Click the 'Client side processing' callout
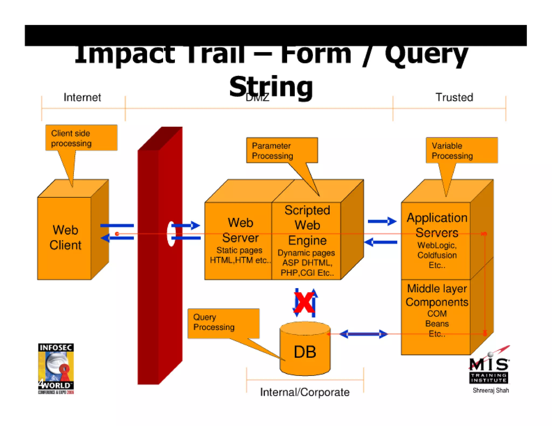(81, 138)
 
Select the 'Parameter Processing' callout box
(282, 150)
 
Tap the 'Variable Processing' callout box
(461, 150)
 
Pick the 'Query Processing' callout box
(223, 323)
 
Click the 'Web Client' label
(65, 238)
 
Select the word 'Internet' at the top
(82, 97)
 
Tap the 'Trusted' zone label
(454, 97)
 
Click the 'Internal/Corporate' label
(305, 392)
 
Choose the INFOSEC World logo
(56, 368)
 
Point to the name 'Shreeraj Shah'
(491, 390)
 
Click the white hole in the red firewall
(171, 234)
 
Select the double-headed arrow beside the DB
(363, 334)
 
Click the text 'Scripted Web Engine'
(307, 225)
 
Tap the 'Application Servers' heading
(437, 225)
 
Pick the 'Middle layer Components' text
(437, 295)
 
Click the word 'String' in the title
(271, 87)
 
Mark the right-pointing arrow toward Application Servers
(382, 221)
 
